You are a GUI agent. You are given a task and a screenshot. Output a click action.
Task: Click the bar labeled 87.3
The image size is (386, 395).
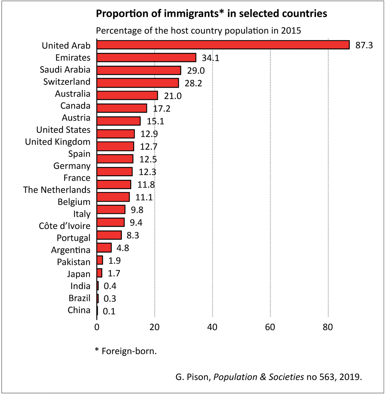pos(223,45)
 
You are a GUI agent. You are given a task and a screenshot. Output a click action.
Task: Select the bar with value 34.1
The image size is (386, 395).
pos(146,57)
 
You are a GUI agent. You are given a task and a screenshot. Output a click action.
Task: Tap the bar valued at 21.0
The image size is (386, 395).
pos(127,95)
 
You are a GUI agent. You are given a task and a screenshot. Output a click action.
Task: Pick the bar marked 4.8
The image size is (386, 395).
pos(104,248)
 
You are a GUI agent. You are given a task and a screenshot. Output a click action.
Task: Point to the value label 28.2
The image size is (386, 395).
pos(193,83)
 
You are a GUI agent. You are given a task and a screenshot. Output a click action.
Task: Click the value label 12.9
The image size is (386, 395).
pos(149,134)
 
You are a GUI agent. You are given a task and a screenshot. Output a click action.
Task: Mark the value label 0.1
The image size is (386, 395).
pos(109,311)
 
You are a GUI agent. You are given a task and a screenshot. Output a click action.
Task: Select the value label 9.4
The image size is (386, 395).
pos(136,223)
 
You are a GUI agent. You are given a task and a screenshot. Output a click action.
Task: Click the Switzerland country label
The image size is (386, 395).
pos(67,82)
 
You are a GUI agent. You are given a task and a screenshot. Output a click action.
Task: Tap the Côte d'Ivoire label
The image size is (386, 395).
pos(65,226)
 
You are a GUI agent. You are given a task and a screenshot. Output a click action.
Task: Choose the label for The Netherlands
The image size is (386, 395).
pos(57,190)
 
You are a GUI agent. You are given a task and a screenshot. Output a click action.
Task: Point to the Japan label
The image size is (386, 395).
pos(79,274)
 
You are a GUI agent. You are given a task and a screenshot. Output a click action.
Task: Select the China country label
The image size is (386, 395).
pos(79,310)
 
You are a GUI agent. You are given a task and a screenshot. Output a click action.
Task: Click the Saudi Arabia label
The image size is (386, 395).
pos(65,70)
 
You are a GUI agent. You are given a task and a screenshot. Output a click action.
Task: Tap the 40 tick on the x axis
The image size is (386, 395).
pos(212,327)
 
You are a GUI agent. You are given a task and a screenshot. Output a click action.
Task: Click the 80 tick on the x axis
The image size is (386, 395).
pos(328,327)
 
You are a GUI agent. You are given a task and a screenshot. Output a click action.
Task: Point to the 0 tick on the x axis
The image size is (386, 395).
pos(97,327)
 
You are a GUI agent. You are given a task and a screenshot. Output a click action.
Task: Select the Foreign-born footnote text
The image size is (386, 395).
pos(129,351)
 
